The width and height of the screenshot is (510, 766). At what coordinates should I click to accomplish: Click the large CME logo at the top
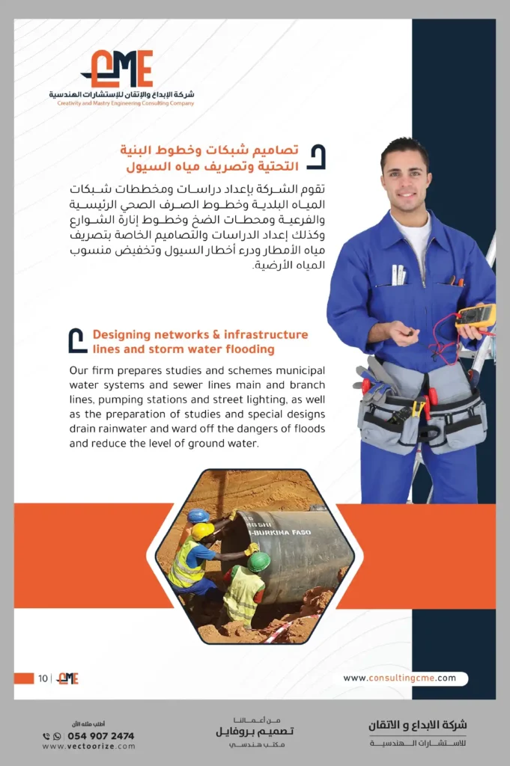pos(120,69)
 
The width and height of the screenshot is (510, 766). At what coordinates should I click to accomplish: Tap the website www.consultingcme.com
pos(400,678)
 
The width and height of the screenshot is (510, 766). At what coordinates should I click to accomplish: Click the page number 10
pos(43,678)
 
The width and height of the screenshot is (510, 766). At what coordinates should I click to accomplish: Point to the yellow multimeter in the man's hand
pos(476,316)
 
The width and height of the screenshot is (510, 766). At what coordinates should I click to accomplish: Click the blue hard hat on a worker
pos(198,515)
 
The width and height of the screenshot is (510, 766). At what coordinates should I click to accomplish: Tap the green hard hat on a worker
pos(258,561)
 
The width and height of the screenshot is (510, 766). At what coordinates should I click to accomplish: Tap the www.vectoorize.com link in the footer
pos(89,747)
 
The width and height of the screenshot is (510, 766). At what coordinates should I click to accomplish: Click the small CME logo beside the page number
pos(68,678)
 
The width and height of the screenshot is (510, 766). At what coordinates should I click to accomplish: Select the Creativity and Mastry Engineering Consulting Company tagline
pos(126,103)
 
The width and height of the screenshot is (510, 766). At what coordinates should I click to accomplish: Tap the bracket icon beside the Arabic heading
pos(317,157)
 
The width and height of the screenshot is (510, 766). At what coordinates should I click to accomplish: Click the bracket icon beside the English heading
pos(77,341)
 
